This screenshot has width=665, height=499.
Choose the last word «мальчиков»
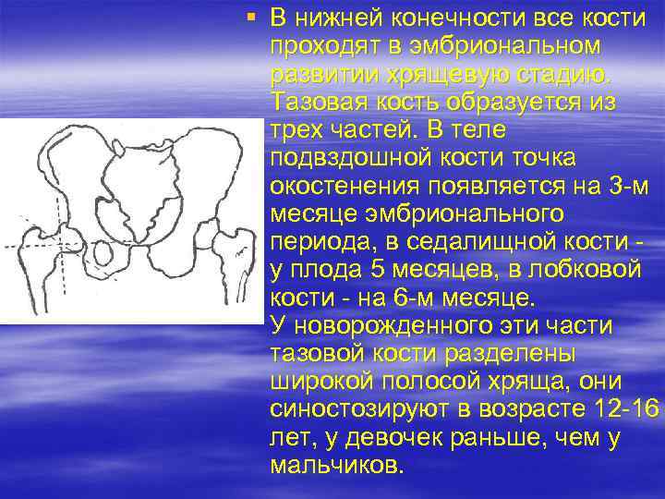coord(336,466)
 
